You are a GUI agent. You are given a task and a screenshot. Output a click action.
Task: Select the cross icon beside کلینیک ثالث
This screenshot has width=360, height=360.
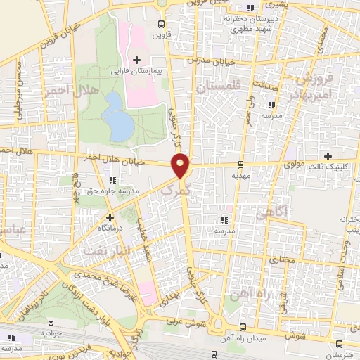coord(328,155)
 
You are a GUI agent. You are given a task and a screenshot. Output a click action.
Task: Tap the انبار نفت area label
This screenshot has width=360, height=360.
coord(106,249)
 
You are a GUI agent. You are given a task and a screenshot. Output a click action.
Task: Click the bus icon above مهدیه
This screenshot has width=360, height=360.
coord(241,165)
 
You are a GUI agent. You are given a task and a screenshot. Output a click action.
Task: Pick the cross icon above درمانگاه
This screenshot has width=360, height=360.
coord(109,217)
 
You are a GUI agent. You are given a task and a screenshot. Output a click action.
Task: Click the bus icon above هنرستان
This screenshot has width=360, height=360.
coord(339,344)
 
